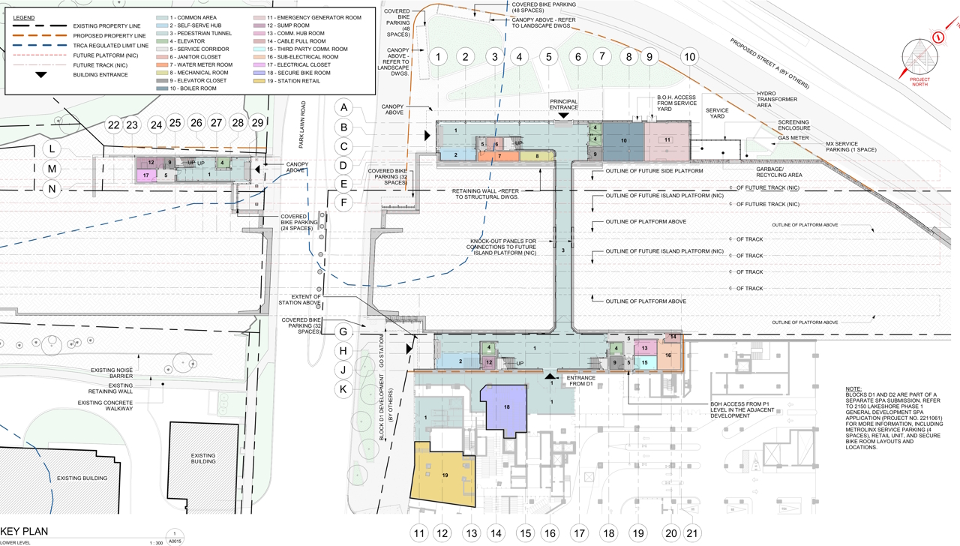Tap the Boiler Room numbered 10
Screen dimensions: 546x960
click(623, 140)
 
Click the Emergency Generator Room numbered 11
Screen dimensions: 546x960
click(666, 140)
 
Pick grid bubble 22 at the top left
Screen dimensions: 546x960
click(113, 124)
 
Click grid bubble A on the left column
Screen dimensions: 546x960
click(344, 107)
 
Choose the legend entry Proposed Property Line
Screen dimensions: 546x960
click(109, 35)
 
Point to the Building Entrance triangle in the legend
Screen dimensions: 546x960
click(40, 75)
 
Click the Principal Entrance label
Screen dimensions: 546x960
click(563, 103)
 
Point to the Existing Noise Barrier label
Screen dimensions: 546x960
click(111, 373)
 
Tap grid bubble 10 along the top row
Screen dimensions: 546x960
click(689, 56)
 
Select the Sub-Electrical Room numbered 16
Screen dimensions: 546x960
click(667, 355)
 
